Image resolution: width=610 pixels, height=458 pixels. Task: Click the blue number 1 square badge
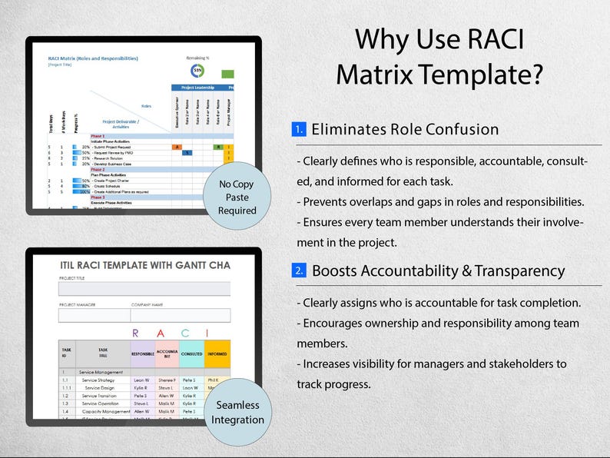[x=299, y=129]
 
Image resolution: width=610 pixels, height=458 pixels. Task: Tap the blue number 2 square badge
[x=299, y=270]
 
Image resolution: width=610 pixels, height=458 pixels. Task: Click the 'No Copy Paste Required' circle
[x=237, y=197]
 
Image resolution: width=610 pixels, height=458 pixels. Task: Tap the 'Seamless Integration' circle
[x=238, y=412]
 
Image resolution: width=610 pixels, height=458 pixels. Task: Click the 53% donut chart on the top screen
[x=197, y=71]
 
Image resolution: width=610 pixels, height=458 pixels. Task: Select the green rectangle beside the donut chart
[x=228, y=74]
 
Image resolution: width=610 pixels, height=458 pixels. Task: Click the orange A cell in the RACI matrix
[x=177, y=146]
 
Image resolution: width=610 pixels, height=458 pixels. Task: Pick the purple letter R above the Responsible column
[x=136, y=333]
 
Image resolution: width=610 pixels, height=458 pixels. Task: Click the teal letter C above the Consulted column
[x=190, y=333]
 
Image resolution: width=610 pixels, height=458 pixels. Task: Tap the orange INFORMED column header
[x=217, y=354]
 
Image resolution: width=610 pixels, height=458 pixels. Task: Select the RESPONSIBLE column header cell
[x=142, y=354]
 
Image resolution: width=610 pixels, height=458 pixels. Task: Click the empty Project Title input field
[x=144, y=289]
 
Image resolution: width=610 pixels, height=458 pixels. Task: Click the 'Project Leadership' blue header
[x=198, y=88]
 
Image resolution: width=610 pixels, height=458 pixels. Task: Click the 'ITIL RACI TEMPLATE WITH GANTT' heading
[x=144, y=265]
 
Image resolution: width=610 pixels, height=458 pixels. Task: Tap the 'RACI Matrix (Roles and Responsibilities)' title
[x=92, y=58]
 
